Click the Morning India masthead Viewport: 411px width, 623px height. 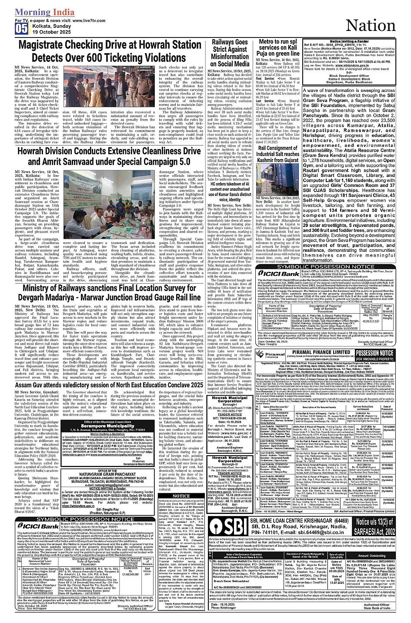pyautogui.click(x=44, y=12)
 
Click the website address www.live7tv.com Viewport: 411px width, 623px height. pyautogui.click(x=86, y=20)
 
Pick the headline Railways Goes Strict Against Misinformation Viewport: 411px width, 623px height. pyautogui.click(x=230, y=53)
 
